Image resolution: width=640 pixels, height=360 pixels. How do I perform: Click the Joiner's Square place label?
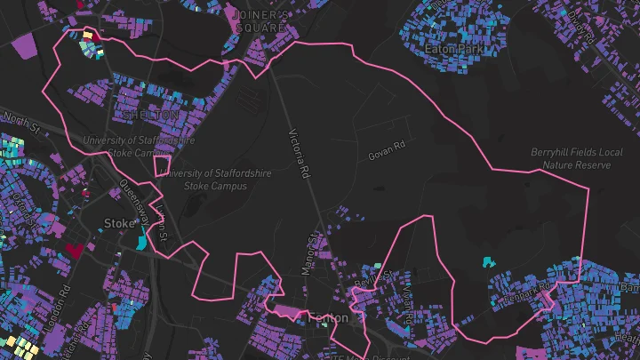258,21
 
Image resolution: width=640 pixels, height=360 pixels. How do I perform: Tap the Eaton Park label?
454,49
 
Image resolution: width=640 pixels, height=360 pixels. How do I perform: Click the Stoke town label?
118,222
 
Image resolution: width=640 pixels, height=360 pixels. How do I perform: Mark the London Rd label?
60,307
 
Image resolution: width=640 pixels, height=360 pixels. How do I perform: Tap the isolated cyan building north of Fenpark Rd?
486,261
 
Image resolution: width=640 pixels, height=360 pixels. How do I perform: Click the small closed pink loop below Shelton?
162,164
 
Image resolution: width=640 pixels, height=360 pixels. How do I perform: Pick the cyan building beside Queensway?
143,237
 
